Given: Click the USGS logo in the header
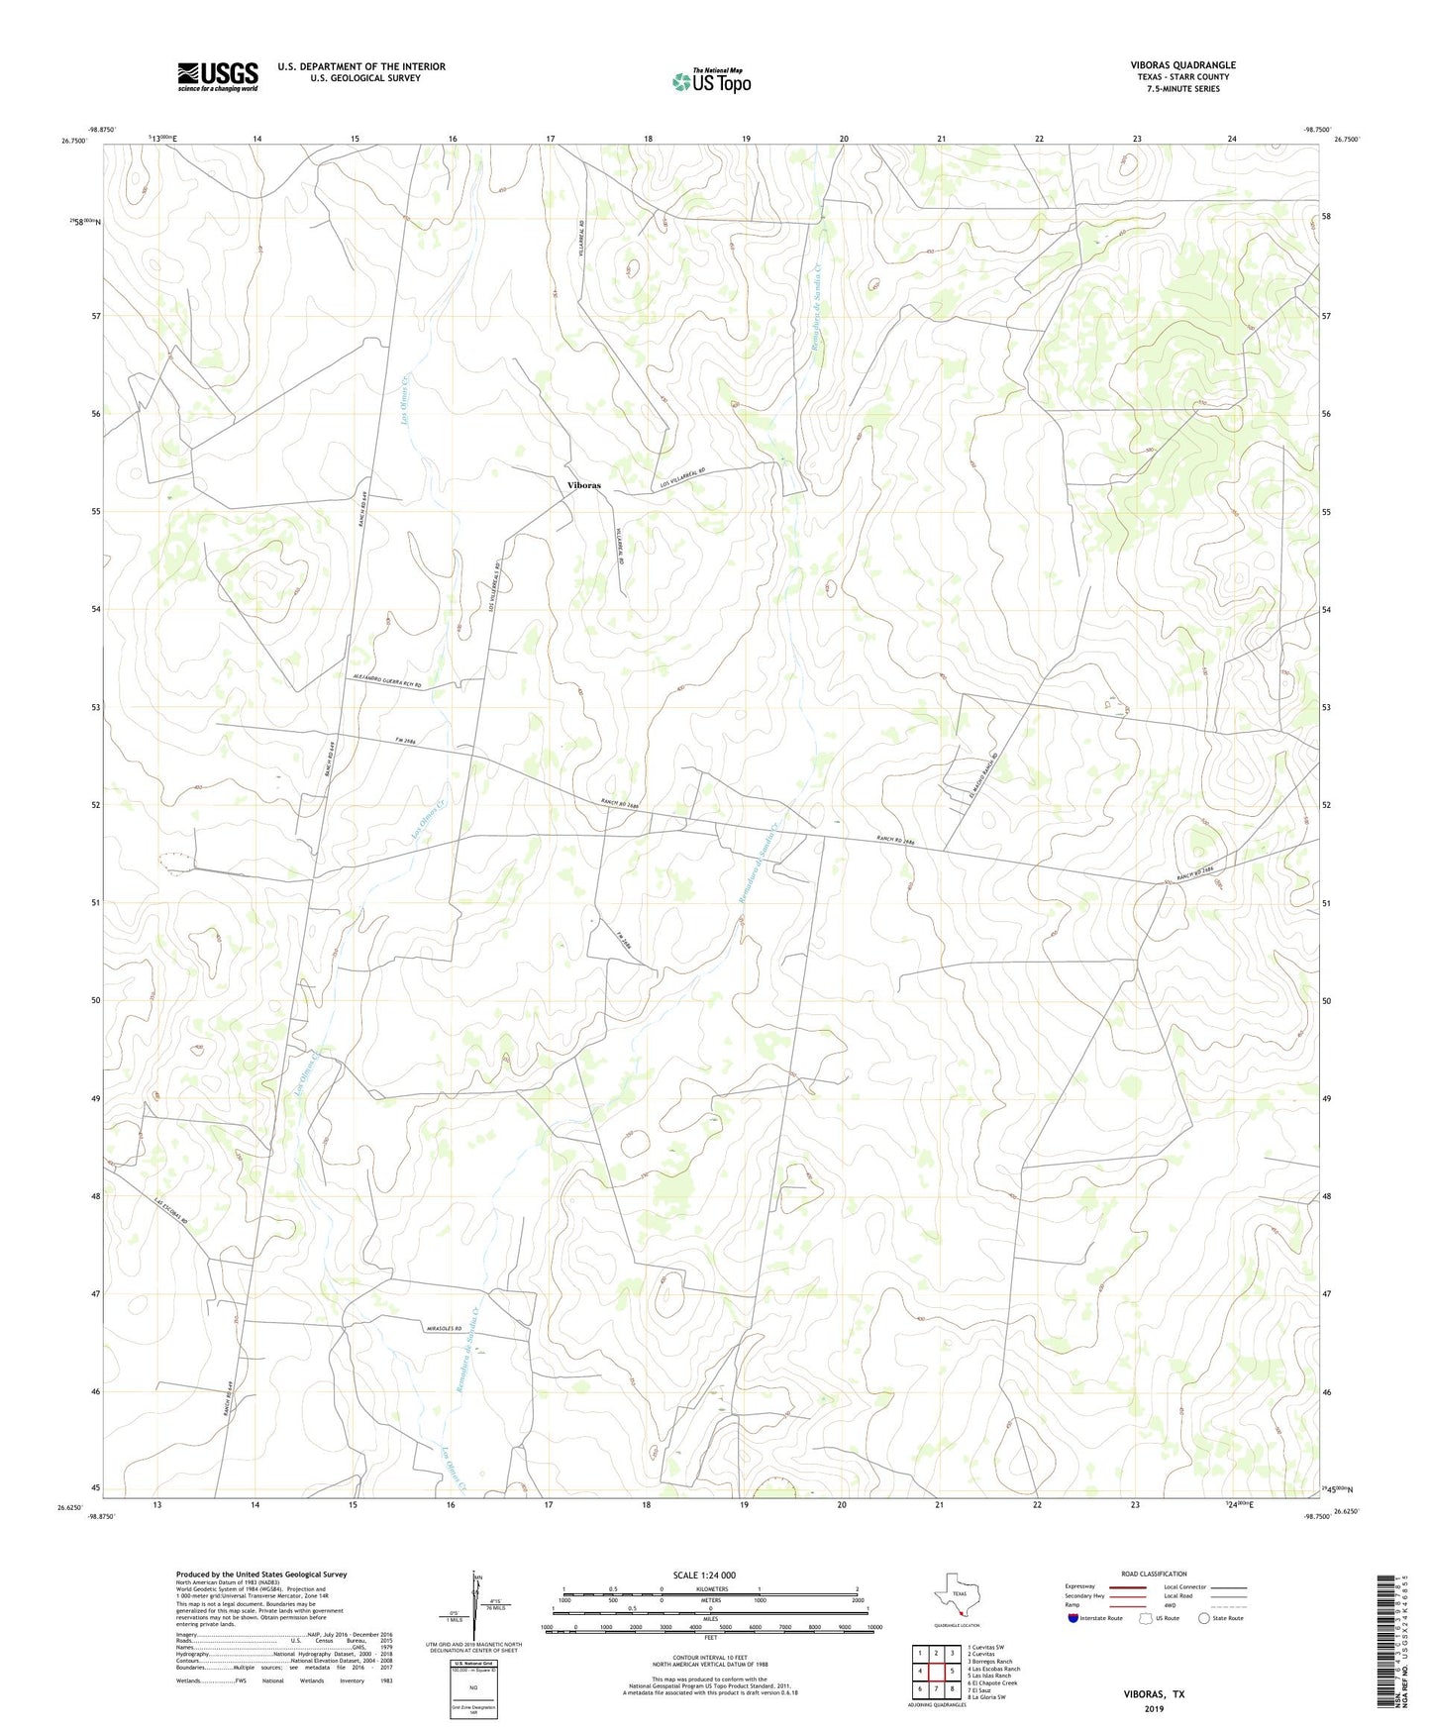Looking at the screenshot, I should pyautogui.click(x=218, y=76).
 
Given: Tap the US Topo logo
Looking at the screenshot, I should pyautogui.click(x=711, y=82).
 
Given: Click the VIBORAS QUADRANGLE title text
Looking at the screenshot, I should pyautogui.click(x=1182, y=65).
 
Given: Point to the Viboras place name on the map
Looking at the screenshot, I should pyautogui.click(x=583, y=485).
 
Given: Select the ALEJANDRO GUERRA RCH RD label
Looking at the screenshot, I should pyautogui.click(x=386, y=680).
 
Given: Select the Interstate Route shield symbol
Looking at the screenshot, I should pyautogui.click(x=1073, y=1618).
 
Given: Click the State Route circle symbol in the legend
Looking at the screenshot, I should pyautogui.click(x=1204, y=1618).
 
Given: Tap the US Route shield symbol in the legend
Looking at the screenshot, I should pyautogui.click(x=1147, y=1618).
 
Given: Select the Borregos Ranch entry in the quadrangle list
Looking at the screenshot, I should pyautogui.click(x=989, y=1662).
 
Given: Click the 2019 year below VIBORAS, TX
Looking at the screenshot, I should pyautogui.click(x=1153, y=1708).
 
